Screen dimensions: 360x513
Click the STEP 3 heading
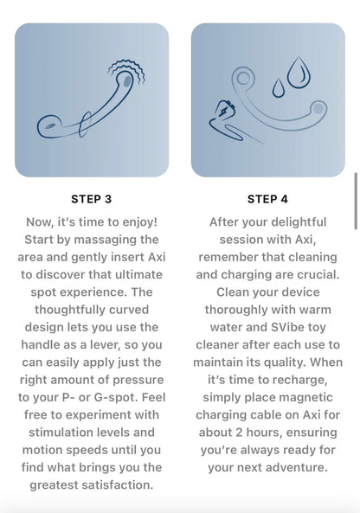pyautogui.click(x=92, y=199)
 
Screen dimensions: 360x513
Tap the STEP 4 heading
pyautogui.click(x=267, y=199)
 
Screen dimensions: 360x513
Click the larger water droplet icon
pyautogui.click(x=299, y=73)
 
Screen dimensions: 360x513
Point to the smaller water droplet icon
pyautogui.click(x=278, y=87)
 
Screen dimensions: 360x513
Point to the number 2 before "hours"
pyautogui.click(x=239, y=433)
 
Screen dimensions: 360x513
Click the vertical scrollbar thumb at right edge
pyautogui.click(x=356, y=202)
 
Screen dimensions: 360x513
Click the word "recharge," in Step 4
pyautogui.click(x=300, y=380)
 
